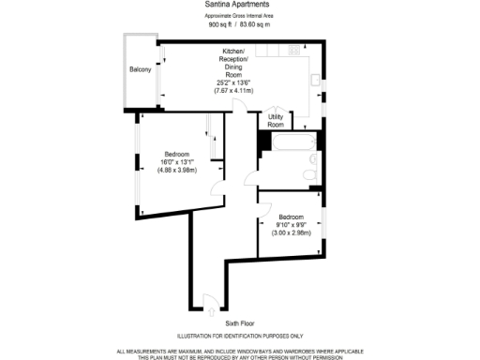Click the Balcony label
(x=141, y=71)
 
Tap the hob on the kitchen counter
(x=295, y=49)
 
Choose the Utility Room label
(x=276, y=120)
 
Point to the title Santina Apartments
(x=232, y=4)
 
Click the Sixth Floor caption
(x=240, y=322)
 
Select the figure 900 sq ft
(x=221, y=24)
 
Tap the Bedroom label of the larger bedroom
(x=177, y=154)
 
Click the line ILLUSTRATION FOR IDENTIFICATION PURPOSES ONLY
(x=240, y=336)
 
